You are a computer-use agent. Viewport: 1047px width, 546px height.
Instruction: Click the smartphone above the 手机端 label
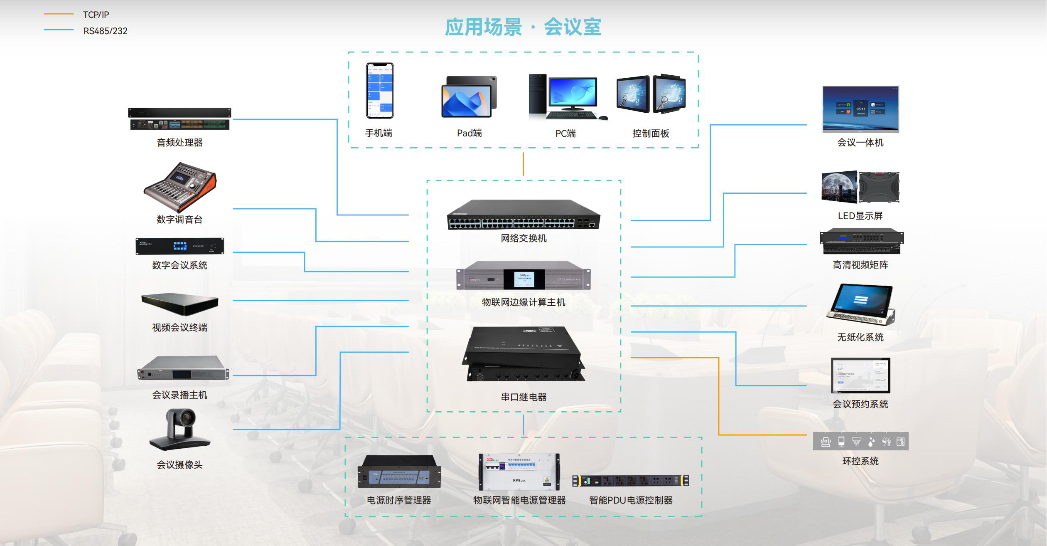(379, 91)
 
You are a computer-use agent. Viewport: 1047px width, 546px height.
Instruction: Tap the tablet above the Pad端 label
(469, 97)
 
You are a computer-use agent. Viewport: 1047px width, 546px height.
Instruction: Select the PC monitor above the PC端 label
(573, 93)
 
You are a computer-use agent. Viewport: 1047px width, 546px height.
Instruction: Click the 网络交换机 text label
(523, 238)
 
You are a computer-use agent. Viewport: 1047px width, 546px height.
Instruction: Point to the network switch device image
(523, 215)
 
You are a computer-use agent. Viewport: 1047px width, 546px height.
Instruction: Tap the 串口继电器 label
(523, 397)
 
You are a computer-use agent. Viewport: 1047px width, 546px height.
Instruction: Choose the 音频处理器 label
(179, 143)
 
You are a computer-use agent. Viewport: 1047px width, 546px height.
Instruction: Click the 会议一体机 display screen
(860, 109)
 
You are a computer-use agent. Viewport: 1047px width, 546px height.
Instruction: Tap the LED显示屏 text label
(860, 216)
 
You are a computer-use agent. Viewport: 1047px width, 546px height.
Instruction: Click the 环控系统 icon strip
(860, 441)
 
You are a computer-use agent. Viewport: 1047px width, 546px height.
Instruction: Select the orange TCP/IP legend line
(59, 14)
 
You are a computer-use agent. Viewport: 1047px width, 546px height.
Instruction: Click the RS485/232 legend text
(106, 31)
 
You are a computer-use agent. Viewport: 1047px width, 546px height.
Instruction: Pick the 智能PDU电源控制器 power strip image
(630, 481)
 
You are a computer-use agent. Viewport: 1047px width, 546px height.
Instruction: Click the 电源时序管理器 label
(399, 500)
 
